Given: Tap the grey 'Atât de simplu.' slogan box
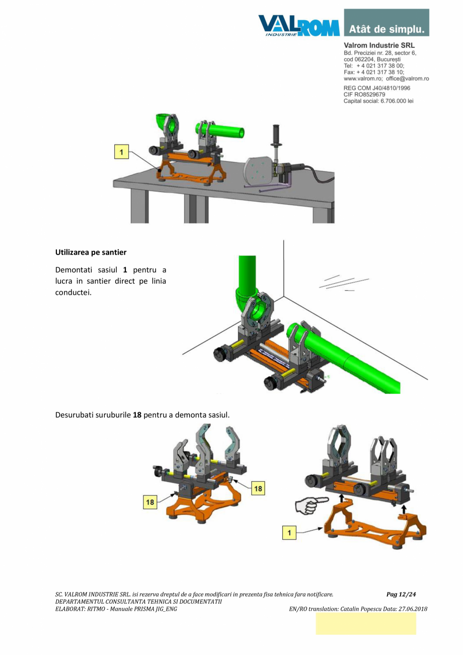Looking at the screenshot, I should click(x=387, y=23).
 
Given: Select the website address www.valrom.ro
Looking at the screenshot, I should click(x=363, y=79).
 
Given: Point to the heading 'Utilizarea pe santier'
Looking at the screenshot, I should click(x=91, y=251).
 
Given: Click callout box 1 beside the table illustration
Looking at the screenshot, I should click(x=122, y=151).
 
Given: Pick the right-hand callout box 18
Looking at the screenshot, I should click(x=258, y=488).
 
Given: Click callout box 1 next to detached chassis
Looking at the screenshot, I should click(x=289, y=532).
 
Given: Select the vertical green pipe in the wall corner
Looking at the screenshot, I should click(x=247, y=272).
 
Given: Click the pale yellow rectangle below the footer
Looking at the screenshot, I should click(x=366, y=624).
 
